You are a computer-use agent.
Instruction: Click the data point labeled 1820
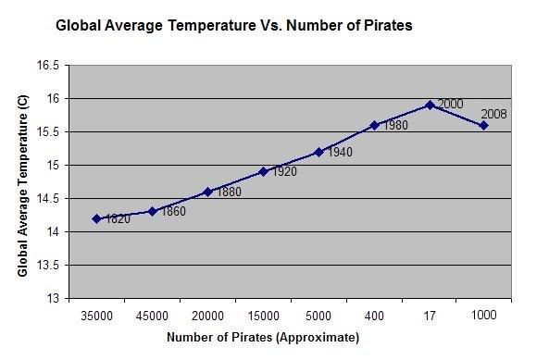click(x=96, y=218)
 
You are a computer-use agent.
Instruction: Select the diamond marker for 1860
click(x=152, y=211)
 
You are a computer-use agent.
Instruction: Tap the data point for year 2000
click(x=430, y=105)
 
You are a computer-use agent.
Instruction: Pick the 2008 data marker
click(x=483, y=125)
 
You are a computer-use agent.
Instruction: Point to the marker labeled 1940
click(x=318, y=152)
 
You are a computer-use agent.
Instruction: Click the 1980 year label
click(x=395, y=125)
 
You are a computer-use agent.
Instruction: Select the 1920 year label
click(x=284, y=172)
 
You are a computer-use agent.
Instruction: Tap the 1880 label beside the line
click(x=229, y=192)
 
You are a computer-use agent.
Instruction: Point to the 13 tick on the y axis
click(x=53, y=299)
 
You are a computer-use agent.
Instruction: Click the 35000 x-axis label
click(x=96, y=315)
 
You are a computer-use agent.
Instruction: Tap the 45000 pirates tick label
click(x=152, y=315)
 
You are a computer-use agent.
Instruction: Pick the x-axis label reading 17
click(x=430, y=315)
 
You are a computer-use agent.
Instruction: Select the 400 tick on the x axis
click(x=374, y=315)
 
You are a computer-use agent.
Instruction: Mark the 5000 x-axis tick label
click(x=318, y=315)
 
